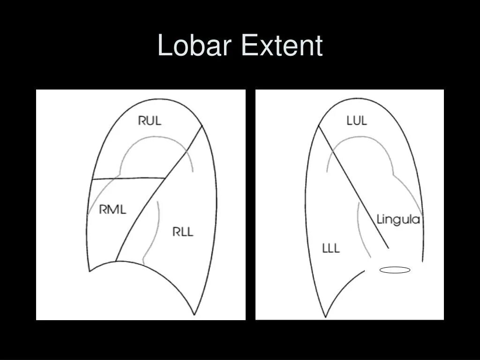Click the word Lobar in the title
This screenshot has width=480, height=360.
point(195,46)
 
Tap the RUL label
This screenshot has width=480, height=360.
point(150,120)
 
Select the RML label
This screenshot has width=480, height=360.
point(112,210)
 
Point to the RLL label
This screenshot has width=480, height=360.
point(182,232)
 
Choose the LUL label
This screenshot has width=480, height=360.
point(357,120)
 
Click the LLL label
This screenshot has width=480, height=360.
point(331,248)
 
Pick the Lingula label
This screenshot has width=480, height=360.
point(398,219)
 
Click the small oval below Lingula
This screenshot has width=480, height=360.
point(395,270)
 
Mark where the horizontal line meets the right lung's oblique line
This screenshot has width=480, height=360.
point(165,178)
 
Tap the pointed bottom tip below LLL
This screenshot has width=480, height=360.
point(325,317)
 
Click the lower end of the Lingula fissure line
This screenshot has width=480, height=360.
point(388,248)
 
